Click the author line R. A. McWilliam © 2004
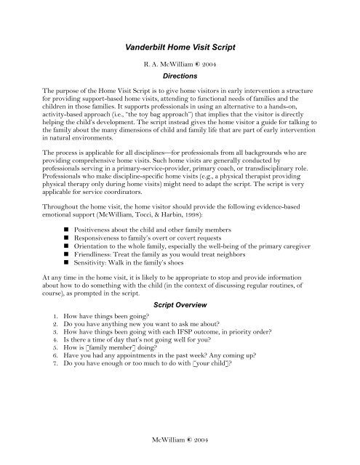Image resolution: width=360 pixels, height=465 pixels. pyautogui.click(x=180, y=63)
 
